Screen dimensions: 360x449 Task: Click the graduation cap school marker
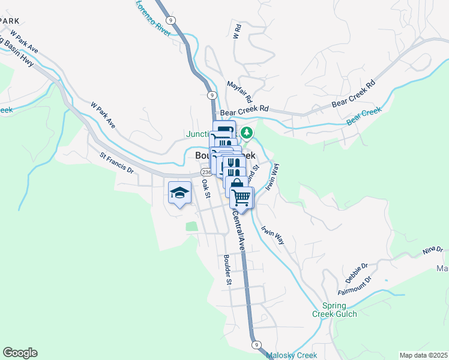pos(179,192)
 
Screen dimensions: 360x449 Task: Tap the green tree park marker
pos(246,133)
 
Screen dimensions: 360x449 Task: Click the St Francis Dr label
pos(116,163)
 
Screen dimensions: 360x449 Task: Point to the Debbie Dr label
pos(357,273)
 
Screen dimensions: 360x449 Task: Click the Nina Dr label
pos(432,249)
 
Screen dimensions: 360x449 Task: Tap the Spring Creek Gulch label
pos(334,309)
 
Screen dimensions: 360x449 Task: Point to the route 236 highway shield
pos(205,173)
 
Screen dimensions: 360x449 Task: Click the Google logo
pos(20,353)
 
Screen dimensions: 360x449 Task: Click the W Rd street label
pos(237,31)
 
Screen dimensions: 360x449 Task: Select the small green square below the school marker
pos(191,227)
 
